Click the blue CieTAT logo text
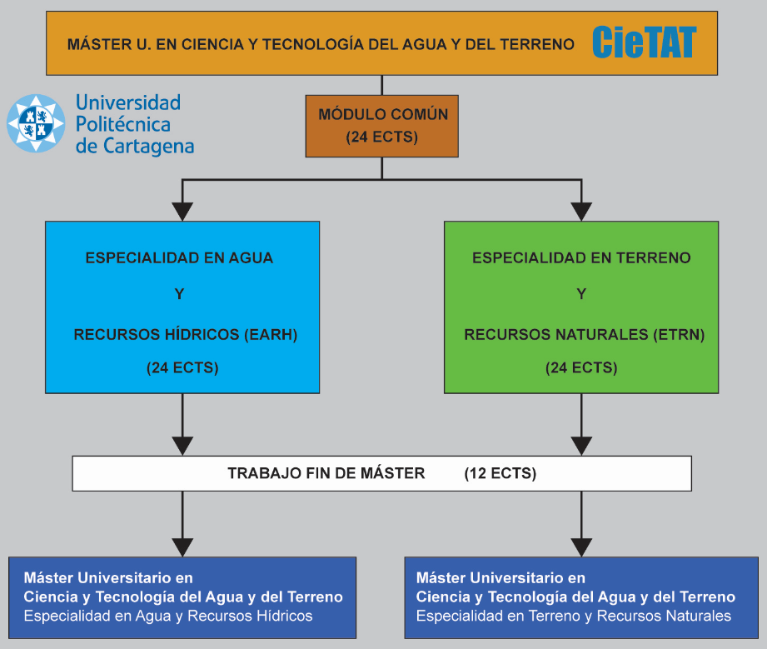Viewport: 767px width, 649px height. point(645,42)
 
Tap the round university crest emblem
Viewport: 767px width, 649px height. point(36,123)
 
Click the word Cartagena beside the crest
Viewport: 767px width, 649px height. point(149,147)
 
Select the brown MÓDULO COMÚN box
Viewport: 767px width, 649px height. point(382,127)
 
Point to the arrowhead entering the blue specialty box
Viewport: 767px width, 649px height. point(182,212)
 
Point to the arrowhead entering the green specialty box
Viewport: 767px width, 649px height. point(581,212)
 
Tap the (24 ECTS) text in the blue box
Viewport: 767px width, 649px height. point(182,367)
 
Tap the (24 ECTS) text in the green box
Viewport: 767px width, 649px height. point(581,367)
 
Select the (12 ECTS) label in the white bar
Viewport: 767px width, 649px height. point(501,473)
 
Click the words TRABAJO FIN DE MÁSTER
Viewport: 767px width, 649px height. point(326,473)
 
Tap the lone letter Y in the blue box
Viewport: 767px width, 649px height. point(180,294)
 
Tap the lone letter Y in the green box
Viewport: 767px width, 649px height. point(581,294)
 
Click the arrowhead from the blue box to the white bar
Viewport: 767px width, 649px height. point(182,446)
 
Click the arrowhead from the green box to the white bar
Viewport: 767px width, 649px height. point(581,446)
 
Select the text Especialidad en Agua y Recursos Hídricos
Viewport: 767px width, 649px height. point(168,616)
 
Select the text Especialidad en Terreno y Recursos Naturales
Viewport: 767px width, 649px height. point(574,616)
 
